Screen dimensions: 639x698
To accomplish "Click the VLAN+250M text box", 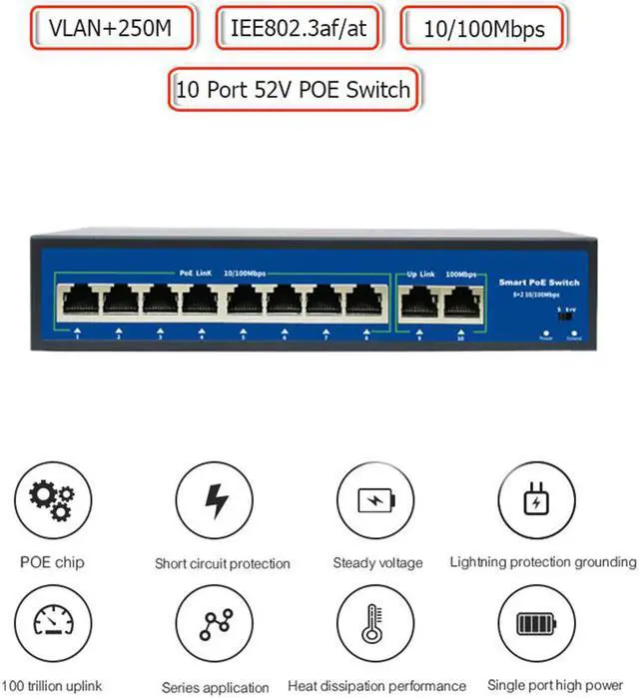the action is point(110,30).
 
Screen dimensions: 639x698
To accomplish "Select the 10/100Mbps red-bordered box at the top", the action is point(484,30).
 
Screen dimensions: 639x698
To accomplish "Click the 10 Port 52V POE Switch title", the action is point(293,89).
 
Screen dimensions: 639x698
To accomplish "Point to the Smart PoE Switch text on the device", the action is point(538,283).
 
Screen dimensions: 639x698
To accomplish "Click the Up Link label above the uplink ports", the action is point(422,273).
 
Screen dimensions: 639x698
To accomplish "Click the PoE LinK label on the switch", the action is point(194,272).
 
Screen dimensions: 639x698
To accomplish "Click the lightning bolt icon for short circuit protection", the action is point(214,500).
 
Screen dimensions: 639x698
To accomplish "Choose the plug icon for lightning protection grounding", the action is point(535,500).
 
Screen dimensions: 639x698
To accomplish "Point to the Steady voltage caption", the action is point(377,563).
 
